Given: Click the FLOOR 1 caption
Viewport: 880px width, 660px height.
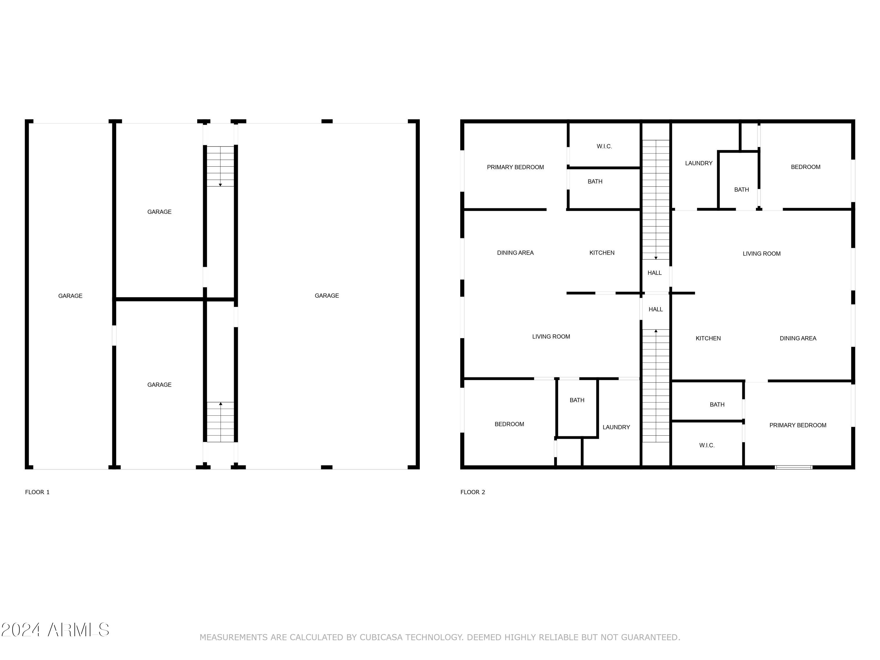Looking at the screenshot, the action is (x=37, y=492).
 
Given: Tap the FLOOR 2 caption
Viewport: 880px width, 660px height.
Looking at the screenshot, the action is (x=473, y=492).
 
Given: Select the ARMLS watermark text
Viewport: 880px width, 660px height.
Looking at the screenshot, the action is (x=78, y=630).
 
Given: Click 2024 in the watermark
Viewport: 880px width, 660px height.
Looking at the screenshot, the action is (x=21, y=630).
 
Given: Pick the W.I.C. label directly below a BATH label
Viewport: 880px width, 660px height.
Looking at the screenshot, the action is (x=707, y=446).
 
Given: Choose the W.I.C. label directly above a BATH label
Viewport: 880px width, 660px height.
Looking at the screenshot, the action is (x=604, y=146).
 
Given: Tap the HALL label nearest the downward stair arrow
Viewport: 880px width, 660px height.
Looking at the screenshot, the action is (x=654, y=273).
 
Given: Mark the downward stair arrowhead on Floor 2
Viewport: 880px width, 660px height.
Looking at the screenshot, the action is (x=656, y=258).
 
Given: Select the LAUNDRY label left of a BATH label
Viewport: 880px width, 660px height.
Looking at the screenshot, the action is (x=699, y=163).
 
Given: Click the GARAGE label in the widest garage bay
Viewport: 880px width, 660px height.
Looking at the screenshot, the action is (x=326, y=296).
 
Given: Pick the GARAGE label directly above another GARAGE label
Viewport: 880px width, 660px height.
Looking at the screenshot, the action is (x=159, y=212).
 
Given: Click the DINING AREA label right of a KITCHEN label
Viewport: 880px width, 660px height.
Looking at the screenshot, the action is (x=798, y=339).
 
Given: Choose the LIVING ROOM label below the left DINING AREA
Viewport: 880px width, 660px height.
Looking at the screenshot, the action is (x=551, y=336).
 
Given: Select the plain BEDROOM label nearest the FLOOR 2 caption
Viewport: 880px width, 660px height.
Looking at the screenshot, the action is (x=509, y=424).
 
